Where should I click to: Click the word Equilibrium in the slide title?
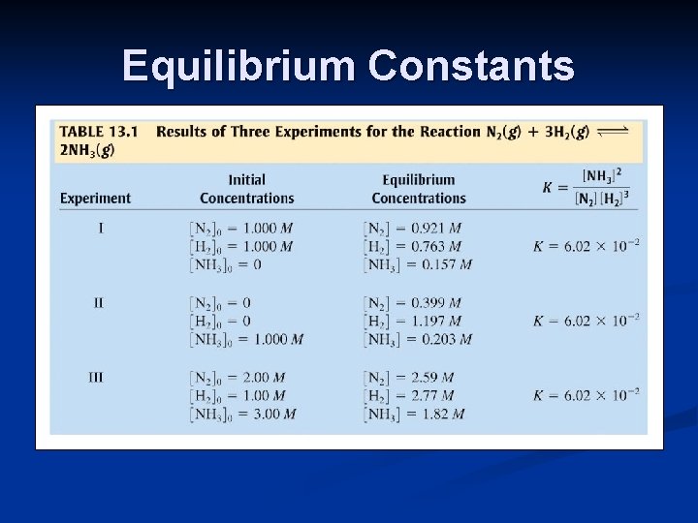239,67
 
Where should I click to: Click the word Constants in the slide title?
471,67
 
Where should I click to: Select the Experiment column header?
95,199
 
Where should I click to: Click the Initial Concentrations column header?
246,189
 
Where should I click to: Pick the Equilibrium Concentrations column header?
418,189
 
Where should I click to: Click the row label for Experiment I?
101,229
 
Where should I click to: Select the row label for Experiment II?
98,303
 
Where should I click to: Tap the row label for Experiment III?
96,377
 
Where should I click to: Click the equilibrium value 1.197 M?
446,321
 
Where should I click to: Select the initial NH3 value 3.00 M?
272,414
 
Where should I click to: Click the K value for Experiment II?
586,321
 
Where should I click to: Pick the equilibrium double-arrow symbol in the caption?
613,131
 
